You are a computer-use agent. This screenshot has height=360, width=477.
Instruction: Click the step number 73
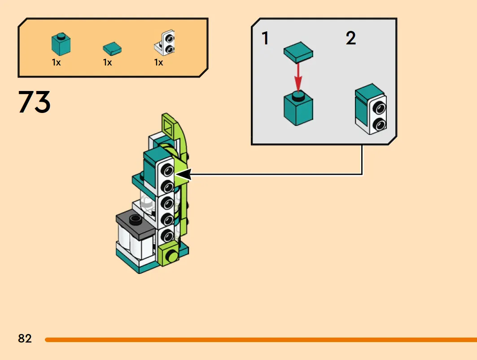coord(34,102)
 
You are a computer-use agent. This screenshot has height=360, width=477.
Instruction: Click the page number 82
coord(25,338)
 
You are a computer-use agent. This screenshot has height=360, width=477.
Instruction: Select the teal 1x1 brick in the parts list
coord(61,44)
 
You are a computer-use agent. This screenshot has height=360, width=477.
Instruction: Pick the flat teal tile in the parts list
coord(112,49)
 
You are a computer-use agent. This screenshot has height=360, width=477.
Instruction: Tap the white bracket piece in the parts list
coord(165,43)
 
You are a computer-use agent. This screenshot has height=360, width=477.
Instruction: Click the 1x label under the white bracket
coord(158,63)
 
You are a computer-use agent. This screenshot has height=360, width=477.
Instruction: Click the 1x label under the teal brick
coord(56,63)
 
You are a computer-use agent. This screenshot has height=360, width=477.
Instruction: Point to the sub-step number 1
coord(265,38)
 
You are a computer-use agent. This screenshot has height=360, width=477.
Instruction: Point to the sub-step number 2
coord(351,38)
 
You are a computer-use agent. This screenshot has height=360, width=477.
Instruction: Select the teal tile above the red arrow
coord(298,52)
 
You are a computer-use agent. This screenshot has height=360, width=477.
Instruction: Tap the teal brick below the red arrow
coord(298,108)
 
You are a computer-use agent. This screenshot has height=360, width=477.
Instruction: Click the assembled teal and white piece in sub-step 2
coord(371,109)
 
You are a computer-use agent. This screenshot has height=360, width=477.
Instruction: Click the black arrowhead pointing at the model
coord(183,174)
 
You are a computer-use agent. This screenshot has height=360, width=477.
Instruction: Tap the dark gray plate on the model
coord(136,225)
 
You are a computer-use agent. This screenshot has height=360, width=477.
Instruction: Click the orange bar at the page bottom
coord(261,340)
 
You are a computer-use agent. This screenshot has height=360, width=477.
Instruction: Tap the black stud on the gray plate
coord(135,219)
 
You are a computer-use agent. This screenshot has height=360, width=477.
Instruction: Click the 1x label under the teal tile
coord(107,63)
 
